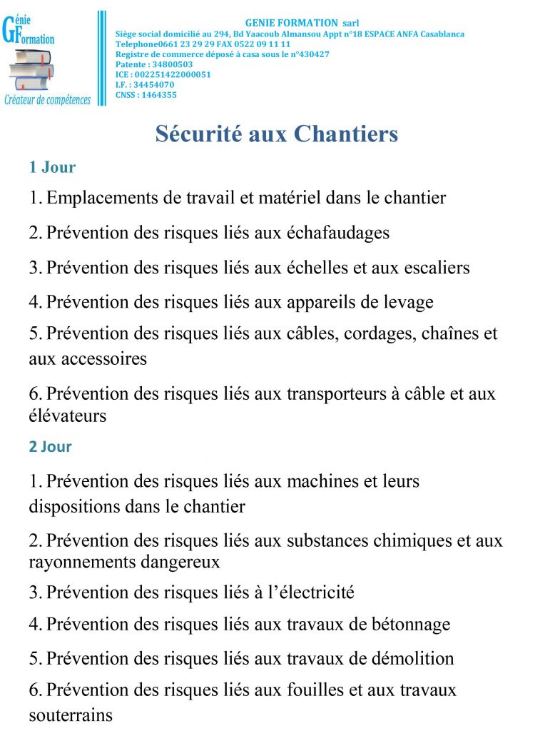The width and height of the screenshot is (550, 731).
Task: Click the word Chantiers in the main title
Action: tap(346, 134)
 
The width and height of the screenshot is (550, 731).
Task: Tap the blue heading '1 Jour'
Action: tap(52, 168)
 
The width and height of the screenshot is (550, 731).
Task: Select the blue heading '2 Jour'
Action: tap(50, 447)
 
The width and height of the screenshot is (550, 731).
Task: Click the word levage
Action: tap(408, 302)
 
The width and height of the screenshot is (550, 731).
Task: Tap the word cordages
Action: tap(385, 334)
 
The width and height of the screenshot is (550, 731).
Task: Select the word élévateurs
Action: tap(67, 415)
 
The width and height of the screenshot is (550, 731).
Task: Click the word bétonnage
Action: tap(411, 625)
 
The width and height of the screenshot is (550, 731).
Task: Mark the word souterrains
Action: tap(71, 715)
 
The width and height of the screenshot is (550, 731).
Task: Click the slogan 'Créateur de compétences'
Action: tap(48, 100)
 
